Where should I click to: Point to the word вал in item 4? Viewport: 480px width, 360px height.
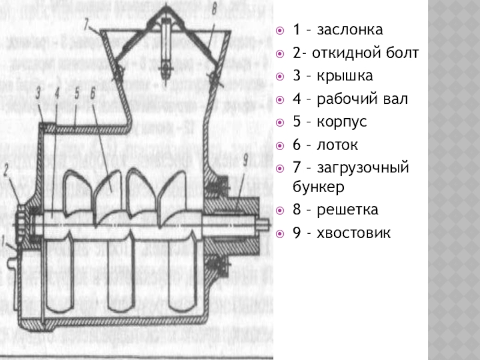[x=396, y=98]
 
